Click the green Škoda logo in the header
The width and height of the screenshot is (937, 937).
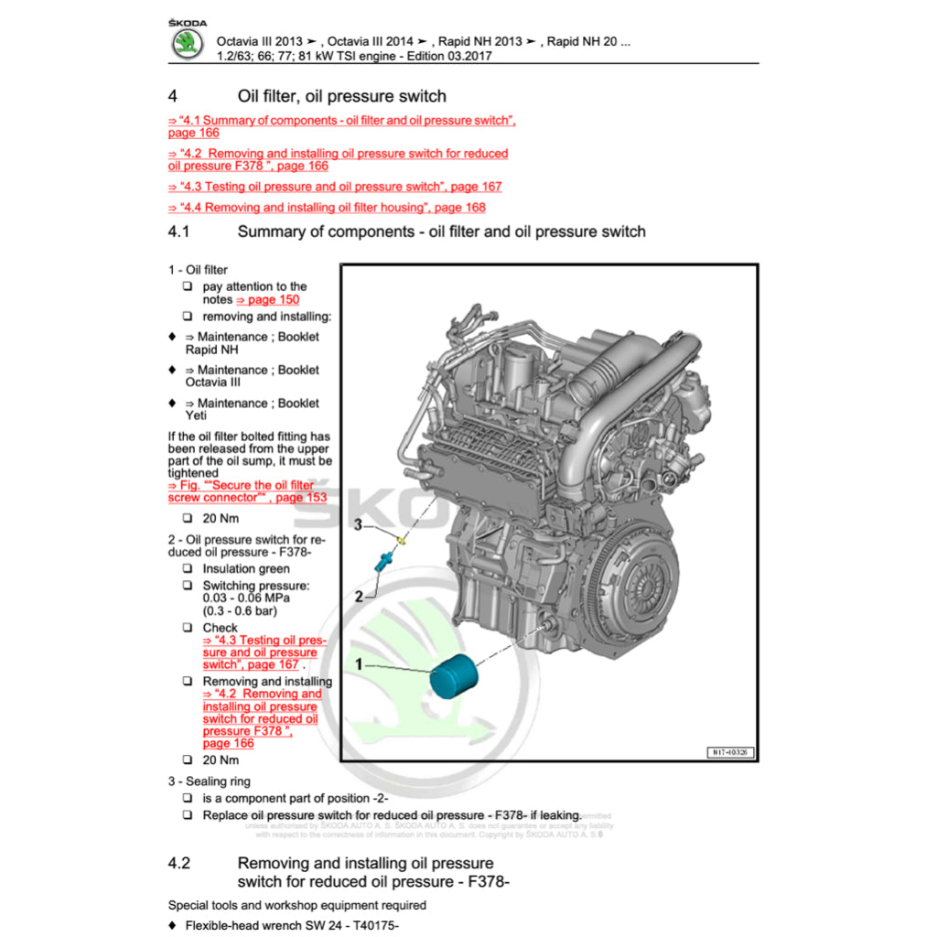click(188, 44)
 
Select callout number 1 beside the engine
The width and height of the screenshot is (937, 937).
click(360, 662)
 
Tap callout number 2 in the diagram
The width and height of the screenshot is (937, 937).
click(360, 596)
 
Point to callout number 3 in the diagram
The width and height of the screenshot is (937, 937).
click(360, 524)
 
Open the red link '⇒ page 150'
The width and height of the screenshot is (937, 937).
click(267, 299)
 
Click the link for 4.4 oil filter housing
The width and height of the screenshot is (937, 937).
click(327, 208)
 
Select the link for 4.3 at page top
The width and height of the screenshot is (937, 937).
click(335, 187)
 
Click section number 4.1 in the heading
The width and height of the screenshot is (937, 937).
click(178, 232)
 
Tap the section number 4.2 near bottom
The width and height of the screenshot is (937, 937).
click(179, 864)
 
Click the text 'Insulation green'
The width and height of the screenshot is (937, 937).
click(246, 569)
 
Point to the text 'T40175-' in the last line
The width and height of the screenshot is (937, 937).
click(375, 926)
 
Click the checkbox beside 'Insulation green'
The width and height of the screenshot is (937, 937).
click(187, 569)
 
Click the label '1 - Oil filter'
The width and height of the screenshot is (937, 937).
click(198, 270)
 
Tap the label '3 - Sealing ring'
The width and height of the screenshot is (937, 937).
click(209, 781)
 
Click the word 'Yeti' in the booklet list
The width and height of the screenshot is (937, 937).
click(197, 415)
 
